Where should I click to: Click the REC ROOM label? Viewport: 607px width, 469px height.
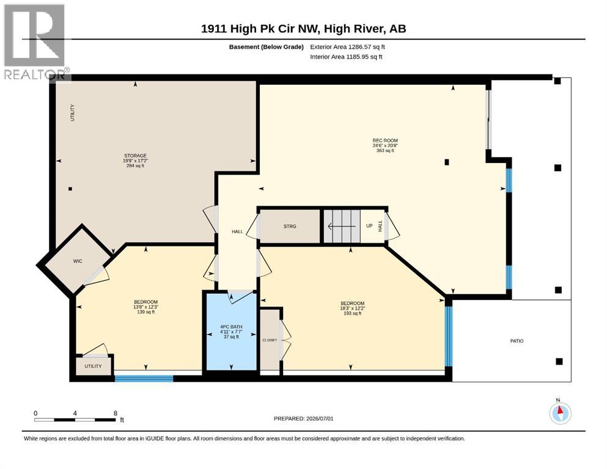[x=385, y=140]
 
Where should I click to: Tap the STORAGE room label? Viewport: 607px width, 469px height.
[x=135, y=156]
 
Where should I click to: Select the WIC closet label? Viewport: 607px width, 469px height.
[x=78, y=261]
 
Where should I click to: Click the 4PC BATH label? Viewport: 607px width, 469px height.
[x=231, y=327]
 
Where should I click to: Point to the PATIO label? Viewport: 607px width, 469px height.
[x=517, y=341]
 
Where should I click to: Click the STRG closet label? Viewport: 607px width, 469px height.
[x=290, y=226]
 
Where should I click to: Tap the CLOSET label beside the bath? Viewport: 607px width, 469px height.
[x=270, y=340]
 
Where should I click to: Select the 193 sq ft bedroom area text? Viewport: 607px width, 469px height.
[x=353, y=313]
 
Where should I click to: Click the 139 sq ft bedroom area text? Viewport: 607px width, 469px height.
[x=145, y=311]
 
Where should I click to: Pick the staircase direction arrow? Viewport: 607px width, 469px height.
[x=342, y=226]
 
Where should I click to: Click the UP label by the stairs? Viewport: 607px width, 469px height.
[x=369, y=226]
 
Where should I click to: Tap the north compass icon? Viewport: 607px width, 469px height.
[x=560, y=413]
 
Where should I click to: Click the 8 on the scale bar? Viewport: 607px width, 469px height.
[x=116, y=413]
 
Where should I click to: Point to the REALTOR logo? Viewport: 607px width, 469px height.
[x=35, y=42]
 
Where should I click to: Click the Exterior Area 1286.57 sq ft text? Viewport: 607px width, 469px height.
[x=347, y=47]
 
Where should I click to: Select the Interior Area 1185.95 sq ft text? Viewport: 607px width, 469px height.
[x=346, y=56]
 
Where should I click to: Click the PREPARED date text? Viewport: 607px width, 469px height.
[x=303, y=418]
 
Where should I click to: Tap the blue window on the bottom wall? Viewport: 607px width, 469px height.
[x=144, y=378]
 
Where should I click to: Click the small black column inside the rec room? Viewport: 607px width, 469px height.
[x=447, y=162]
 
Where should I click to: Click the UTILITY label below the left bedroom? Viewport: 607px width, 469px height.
[x=94, y=366]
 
